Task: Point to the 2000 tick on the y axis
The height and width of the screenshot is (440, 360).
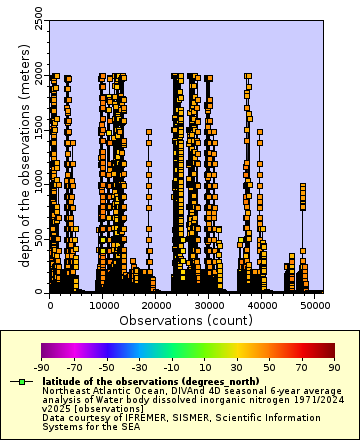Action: click(x=38, y=76)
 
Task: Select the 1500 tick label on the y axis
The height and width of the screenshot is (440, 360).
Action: click(x=38, y=130)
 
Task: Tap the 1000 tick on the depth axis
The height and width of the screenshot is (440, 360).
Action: click(x=38, y=184)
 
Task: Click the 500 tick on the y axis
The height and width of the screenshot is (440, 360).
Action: click(x=38, y=238)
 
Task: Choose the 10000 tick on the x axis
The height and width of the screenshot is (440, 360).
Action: click(x=103, y=305)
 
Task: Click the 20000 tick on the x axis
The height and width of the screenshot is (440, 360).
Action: click(x=156, y=305)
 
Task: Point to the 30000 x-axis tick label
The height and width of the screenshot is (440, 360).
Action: click(x=209, y=305)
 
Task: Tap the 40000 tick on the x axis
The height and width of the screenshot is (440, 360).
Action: click(x=262, y=305)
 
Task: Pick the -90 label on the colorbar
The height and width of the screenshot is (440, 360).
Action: click(x=42, y=368)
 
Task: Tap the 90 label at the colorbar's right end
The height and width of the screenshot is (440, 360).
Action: click(x=334, y=368)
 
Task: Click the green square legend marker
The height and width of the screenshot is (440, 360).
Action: click(x=19, y=381)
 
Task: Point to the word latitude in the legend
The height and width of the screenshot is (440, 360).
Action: click(x=62, y=381)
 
